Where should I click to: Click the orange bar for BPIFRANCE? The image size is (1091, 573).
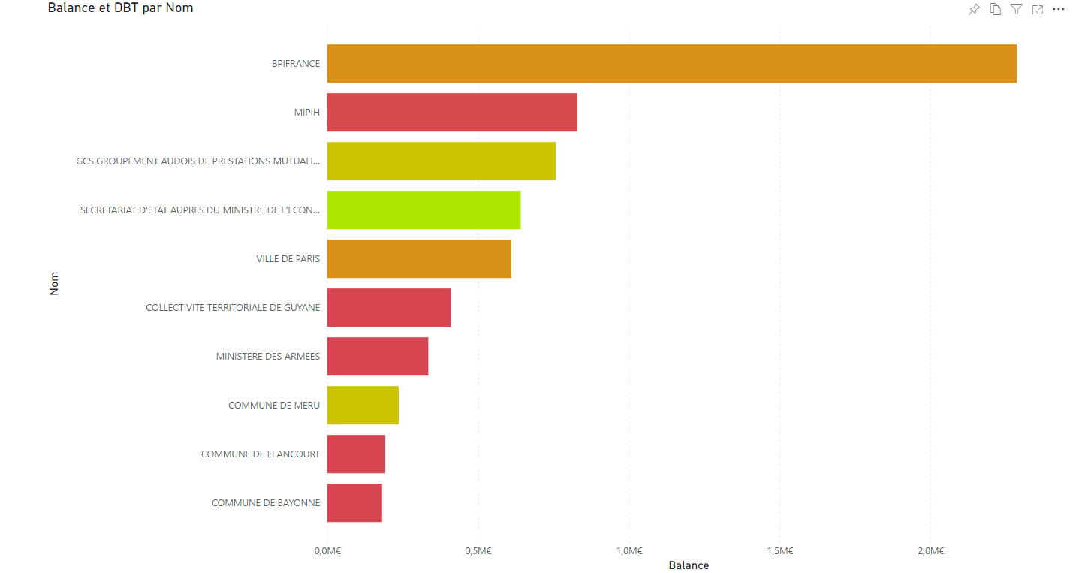[671, 64]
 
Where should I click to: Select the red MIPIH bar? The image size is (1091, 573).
[451, 113]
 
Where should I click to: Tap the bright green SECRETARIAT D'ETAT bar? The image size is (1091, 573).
[423, 210]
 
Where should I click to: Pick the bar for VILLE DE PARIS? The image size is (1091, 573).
[418, 259]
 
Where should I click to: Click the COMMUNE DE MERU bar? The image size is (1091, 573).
[363, 406]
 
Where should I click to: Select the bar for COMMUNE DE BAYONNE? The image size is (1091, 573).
[354, 503]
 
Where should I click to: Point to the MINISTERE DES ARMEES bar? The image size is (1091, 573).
[377, 357]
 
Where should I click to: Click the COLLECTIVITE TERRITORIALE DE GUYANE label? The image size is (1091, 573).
[233, 308]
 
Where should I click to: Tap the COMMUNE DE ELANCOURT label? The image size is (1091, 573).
[261, 454]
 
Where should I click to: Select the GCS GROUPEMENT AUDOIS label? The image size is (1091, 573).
[198, 161]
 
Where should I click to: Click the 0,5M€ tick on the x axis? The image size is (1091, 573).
[478, 551]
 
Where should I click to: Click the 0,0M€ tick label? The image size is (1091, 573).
[327, 551]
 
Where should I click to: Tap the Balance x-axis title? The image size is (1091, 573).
[689, 565]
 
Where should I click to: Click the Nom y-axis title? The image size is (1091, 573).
[54, 283]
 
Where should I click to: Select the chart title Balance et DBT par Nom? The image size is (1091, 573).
[120, 8]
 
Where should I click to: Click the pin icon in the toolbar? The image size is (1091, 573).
[974, 10]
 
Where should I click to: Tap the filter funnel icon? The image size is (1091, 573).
[1016, 10]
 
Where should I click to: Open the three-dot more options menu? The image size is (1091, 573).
[1059, 10]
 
